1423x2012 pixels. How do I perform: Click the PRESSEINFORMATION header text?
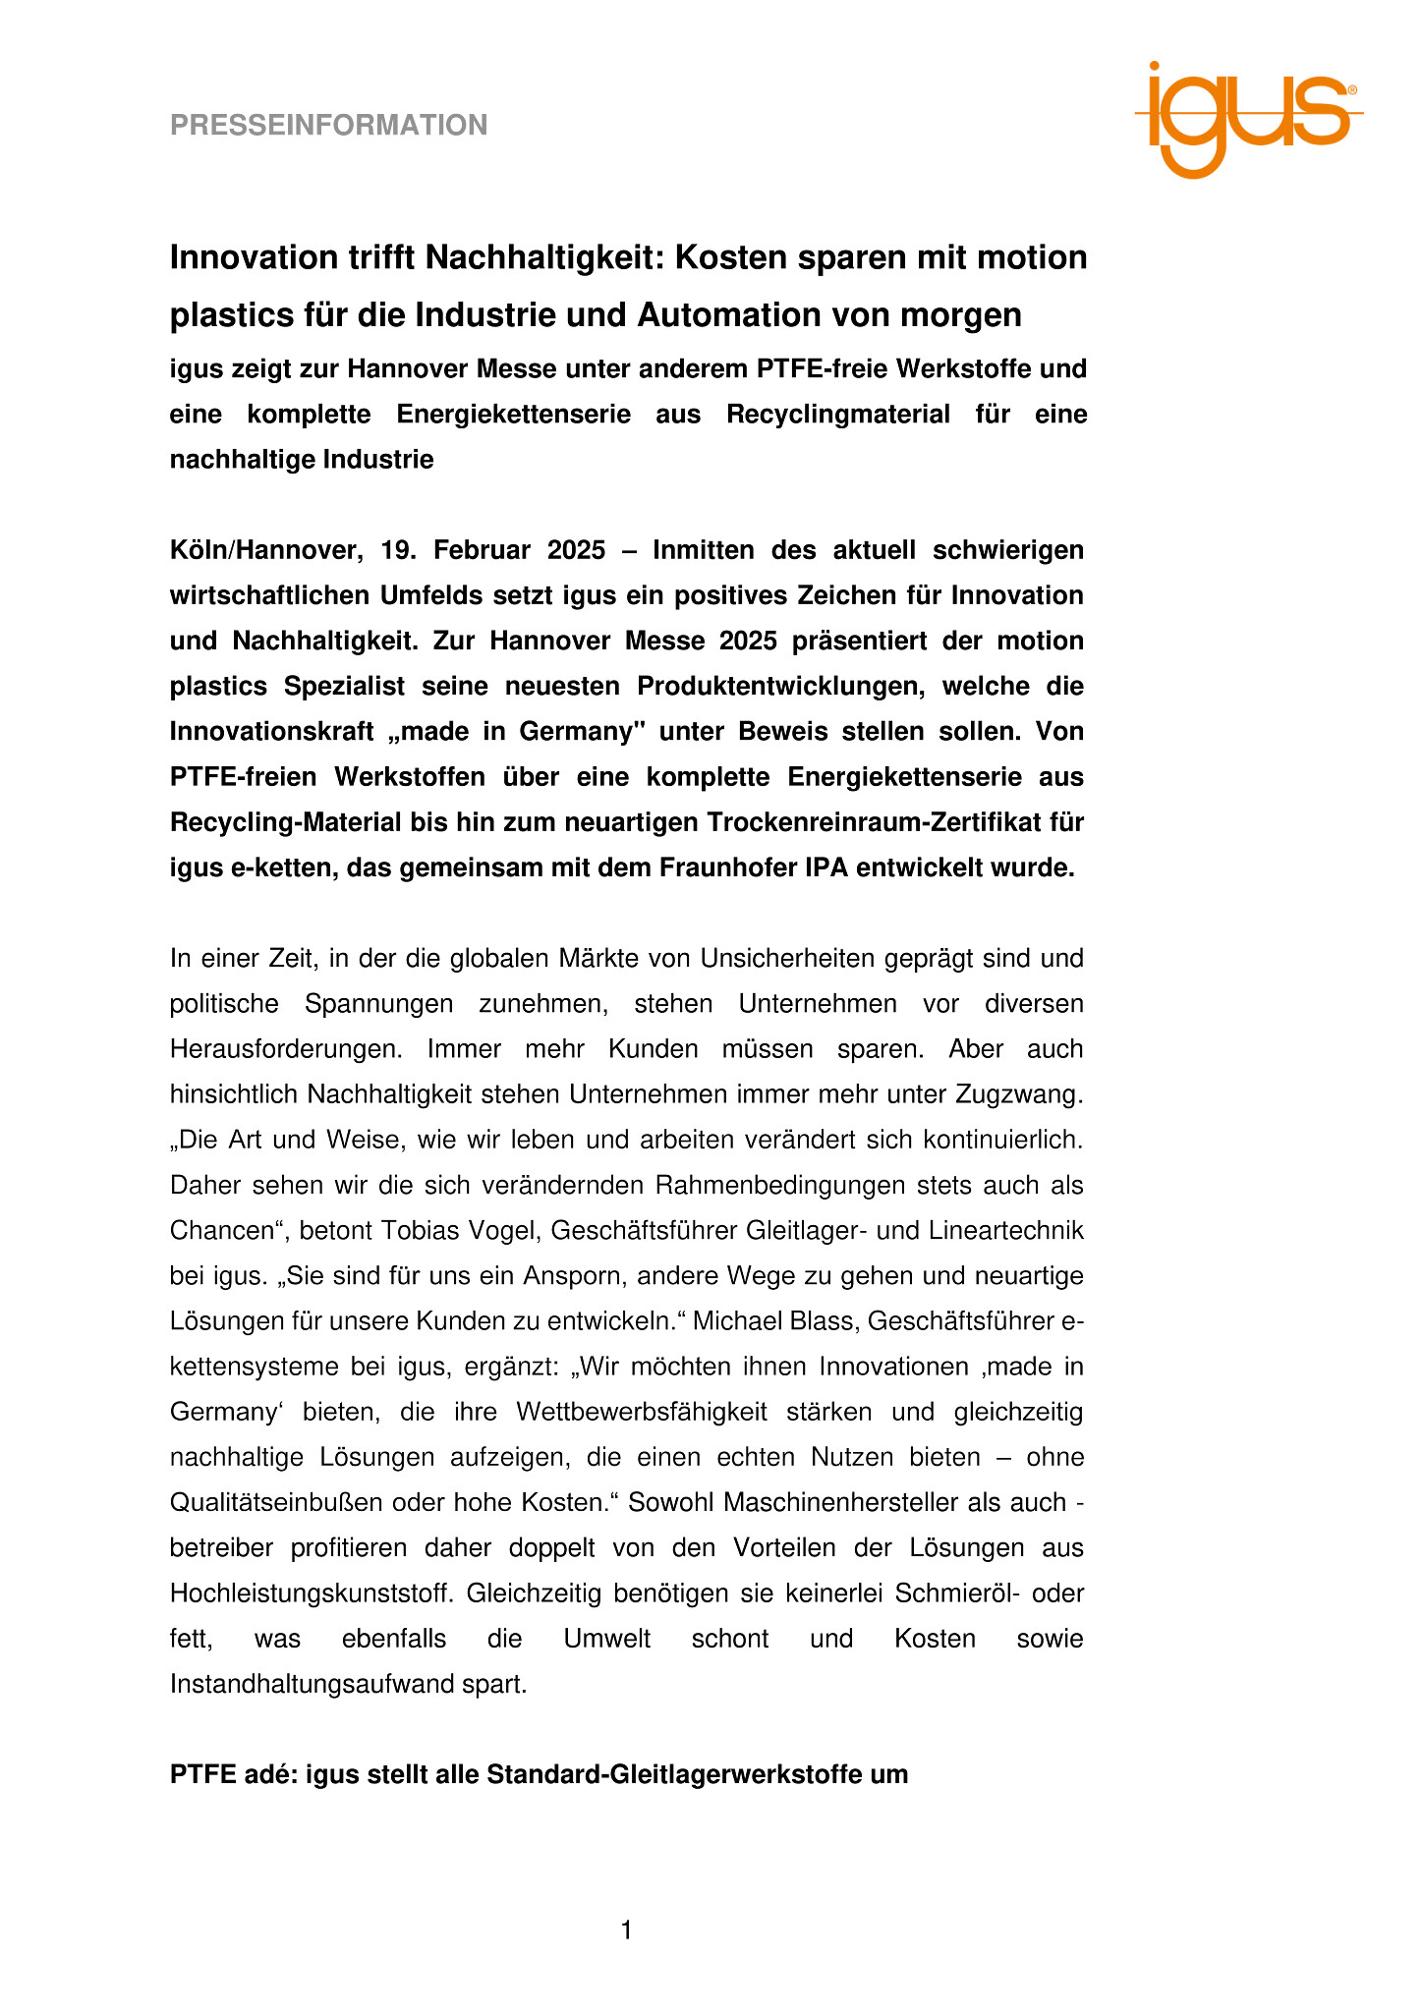click(328, 126)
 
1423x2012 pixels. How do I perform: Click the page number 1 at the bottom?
click(626, 1931)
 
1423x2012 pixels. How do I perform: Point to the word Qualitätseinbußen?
click(277, 1503)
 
